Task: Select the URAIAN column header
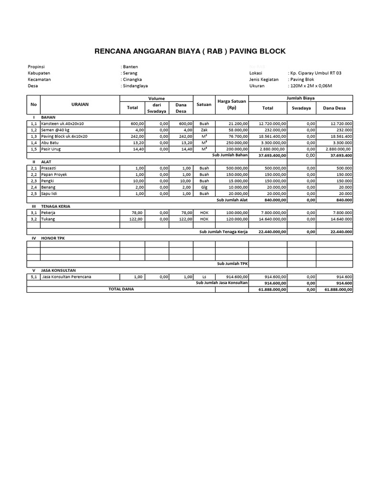(x=79, y=104)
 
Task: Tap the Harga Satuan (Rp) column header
(x=231, y=104)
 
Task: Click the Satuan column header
(x=204, y=104)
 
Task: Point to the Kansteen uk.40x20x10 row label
(x=62, y=124)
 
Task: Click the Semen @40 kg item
(x=55, y=130)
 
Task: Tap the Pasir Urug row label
(x=52, y=149)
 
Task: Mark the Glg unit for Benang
(x=204, y=188)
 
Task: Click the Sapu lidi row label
(x=51, y=194)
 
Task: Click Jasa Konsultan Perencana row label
(x=67, y=276)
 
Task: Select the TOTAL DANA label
(x=121, y=289)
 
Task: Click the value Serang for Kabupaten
(x=130, y=73)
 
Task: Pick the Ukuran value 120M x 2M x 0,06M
(x=310, y=86)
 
